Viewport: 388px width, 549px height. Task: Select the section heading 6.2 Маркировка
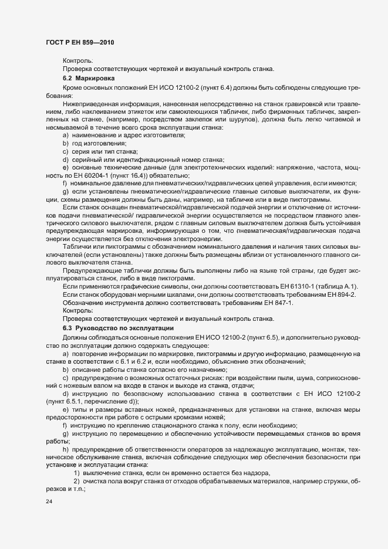[88, 77]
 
